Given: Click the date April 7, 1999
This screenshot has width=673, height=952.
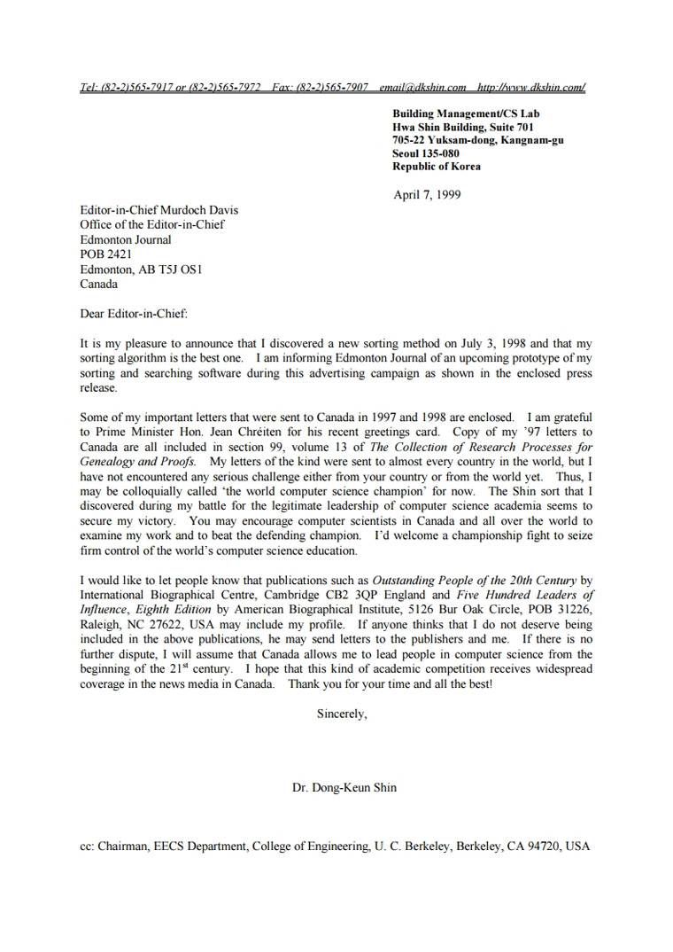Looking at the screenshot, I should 427,195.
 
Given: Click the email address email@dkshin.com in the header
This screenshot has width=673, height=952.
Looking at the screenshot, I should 422,88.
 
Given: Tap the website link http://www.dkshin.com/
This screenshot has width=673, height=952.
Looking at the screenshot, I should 530,88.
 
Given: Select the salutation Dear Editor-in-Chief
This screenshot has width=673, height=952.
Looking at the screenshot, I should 134,314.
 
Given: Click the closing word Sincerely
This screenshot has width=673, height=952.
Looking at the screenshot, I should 341,714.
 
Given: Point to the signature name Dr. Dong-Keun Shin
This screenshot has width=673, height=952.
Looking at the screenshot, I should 344,787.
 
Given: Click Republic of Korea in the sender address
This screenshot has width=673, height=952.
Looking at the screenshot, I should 437,167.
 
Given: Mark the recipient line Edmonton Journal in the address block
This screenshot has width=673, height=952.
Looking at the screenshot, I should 126,239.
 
